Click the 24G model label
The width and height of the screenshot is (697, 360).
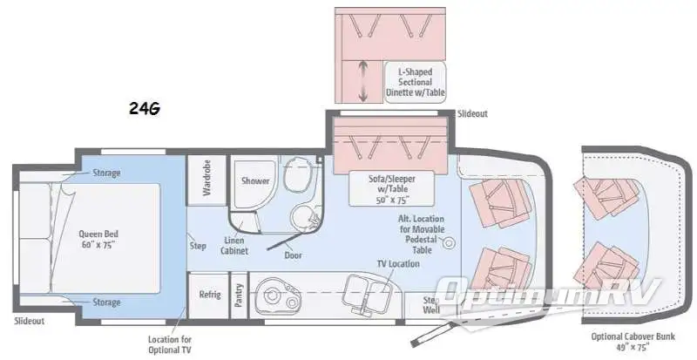click(x=144, y=109)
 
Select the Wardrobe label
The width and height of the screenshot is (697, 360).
click(x=207, y=178)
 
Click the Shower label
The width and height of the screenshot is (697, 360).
click(x=255, y=181)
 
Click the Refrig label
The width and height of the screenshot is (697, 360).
click(x=209, y=295)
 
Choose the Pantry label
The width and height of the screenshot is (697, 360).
click(x=238, y=295)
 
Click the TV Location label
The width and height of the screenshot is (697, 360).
click(x=391, y=262)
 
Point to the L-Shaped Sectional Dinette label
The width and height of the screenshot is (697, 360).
click(x=415, y=81)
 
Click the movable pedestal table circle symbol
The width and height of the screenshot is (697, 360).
click(x=450, y=241)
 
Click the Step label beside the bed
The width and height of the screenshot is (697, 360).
click(x=198, y=245)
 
